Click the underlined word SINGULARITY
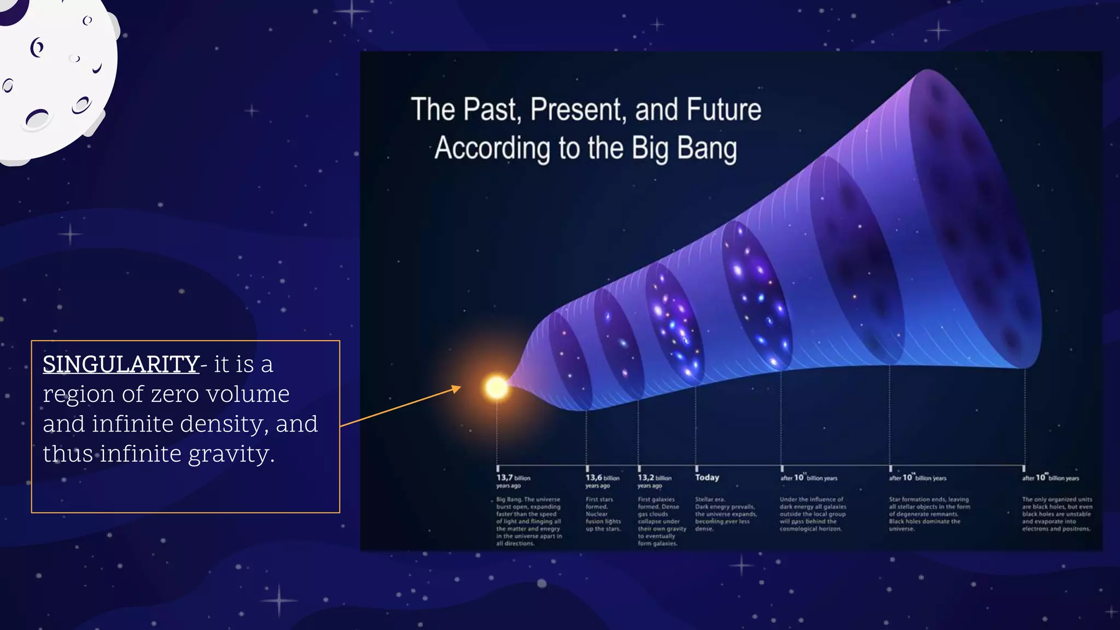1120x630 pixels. tap(121, 364)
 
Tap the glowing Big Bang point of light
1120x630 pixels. tap(497, 387)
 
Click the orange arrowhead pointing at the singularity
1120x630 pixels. tap(456, 389)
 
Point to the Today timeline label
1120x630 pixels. tap(707, 477)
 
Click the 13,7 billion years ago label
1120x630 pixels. tap(513, 481)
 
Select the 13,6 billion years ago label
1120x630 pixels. tap(602, 481)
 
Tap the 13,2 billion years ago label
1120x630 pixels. tap(654, 481)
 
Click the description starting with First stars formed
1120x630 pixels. tap(603, 514)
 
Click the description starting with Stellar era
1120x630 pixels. tap(726, 514)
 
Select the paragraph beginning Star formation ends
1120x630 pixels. tap(929, 514)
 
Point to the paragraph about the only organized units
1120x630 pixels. tap(1057, 514)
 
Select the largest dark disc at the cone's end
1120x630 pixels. tap(979, 219)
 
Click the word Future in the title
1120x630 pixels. tap(724, 109)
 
